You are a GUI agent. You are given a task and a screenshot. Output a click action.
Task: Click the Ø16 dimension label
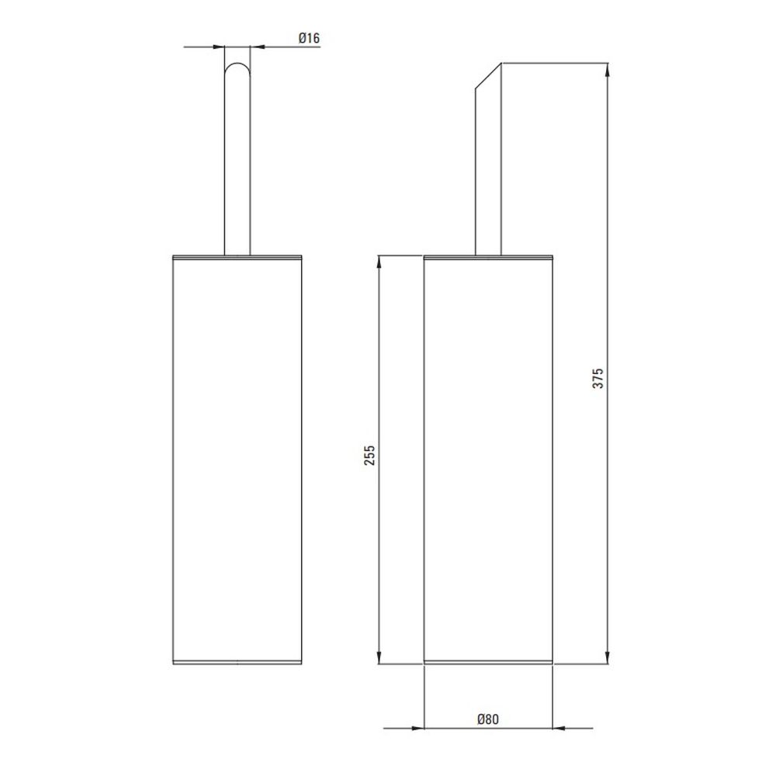tap(310, 37)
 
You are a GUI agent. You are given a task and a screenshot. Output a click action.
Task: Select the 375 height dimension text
tap(598, 378)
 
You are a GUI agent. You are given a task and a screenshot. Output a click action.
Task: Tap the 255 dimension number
tap(369, 456)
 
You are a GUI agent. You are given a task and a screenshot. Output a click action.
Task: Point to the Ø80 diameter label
tap(488, 719)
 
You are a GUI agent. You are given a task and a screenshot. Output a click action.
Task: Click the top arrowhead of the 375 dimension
tap(608, 69)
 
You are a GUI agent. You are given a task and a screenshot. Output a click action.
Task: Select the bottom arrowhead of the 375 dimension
tap(608, 657)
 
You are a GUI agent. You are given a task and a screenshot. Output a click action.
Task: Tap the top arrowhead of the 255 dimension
tap(379, 262)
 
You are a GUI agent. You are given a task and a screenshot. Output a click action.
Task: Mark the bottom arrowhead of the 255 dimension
tap(379, 657)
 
